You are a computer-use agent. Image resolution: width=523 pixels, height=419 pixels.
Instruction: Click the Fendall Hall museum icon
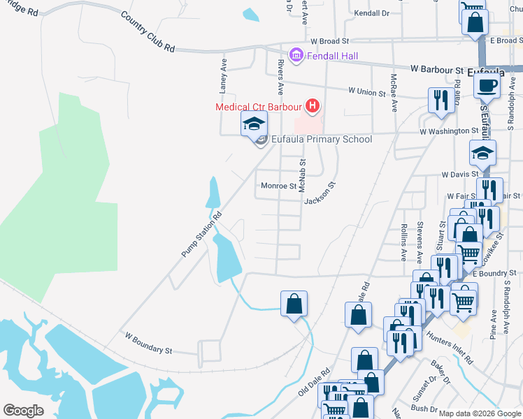click(x=295, y=54)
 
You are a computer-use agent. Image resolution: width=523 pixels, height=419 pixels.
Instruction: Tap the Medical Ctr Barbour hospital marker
click(x=313, y=107)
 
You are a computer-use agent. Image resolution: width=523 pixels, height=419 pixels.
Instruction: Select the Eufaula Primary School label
click(x=321, y=139)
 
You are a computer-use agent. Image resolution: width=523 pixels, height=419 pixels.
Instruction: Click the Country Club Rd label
click(x=148, y=32)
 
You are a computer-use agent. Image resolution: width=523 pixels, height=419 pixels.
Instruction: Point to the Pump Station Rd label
click(x=201, y=235)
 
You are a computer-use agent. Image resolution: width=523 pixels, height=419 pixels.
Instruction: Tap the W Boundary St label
click(x=148, y=348)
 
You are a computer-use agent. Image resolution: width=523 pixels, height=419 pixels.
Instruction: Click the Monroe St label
click(x=278, y=186)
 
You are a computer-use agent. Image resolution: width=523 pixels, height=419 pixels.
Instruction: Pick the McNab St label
click(x=303, y=175)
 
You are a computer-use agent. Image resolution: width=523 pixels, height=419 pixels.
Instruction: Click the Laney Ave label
click(x=224, y=75)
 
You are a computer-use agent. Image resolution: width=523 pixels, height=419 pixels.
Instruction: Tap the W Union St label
click(x=368, y=92)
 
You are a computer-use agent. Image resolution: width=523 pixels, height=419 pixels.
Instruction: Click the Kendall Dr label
click(x=371, y=13)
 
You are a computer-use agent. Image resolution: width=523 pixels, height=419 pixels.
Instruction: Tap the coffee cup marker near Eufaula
click(x=487, y=86)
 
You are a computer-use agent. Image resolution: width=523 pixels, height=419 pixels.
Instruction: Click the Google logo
click(x=24, y=411)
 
